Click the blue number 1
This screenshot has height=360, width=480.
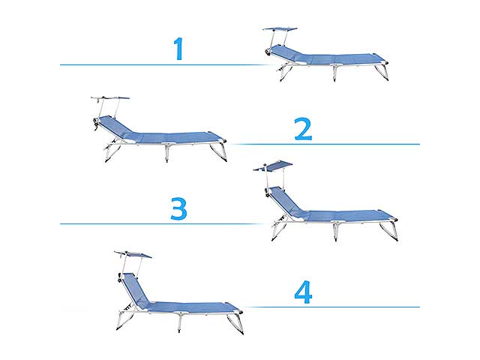tap(178, 48)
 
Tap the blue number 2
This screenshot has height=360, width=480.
tap(303, 129)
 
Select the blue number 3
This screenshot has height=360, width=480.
tap(178, 208)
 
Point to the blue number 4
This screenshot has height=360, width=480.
tap(303, 292)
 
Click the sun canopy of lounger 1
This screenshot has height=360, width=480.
tap(280, 29)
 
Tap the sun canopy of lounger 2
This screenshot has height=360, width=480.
tap(111, 98)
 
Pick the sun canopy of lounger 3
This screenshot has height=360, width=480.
tap(273, 166)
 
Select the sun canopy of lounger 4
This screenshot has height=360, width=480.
tap(133, 254)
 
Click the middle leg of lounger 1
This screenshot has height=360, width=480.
tap(335, 73)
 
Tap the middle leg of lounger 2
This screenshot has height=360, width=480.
tap(167, 153)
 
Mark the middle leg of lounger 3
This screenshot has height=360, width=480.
tap(335, 232)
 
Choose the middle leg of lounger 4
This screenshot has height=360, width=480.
tap(180, 323)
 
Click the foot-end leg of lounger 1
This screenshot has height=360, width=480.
tap(382, 72)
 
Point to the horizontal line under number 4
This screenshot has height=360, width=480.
tap(332, 307)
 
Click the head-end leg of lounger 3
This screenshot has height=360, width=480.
tap(279, 229)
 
